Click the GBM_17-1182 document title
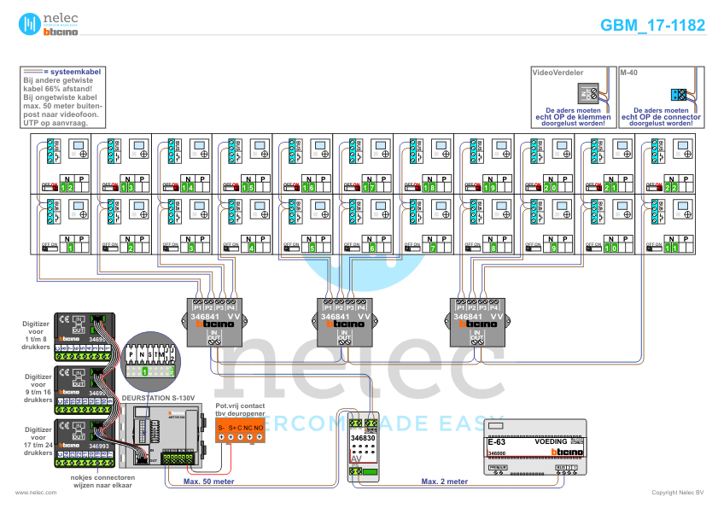652,25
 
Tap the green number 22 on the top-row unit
672,187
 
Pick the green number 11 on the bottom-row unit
672,248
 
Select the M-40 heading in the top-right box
630,73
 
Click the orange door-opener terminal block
240,431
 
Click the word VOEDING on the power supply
551,441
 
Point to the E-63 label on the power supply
497,442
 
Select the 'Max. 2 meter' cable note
445,482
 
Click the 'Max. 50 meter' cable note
208,482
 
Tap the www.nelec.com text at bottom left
36,493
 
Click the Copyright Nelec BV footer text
678,493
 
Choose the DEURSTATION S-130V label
159,398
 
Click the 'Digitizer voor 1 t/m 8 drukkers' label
38,329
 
